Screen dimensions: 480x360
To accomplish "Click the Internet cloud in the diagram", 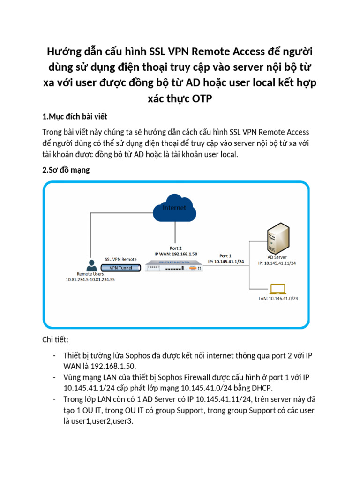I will [x=174, y=210].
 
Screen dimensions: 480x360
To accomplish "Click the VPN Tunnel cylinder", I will [x=121, y=268].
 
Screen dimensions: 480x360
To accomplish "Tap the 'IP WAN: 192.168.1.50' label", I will [x=176, y=254].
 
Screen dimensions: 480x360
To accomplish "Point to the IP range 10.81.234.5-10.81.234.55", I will [x=90, y=280].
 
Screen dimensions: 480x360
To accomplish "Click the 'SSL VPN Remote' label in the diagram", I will [x=120, y=259].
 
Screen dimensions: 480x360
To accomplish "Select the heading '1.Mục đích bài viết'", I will [x=75, y=116].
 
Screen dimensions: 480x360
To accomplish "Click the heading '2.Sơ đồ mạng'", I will [x=66, y=170].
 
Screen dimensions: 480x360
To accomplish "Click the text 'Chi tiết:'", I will [x=55, y=339].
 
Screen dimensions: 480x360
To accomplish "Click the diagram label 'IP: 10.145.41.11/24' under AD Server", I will [x=280, y=263].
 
